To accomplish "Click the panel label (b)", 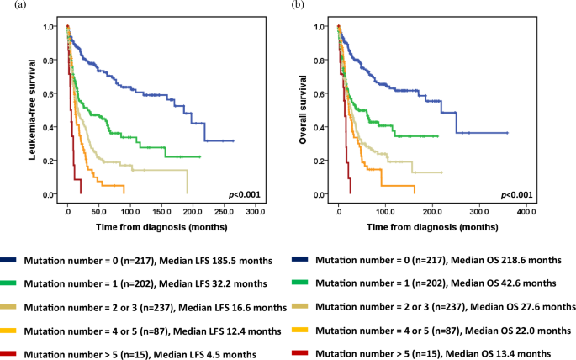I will [299, 6].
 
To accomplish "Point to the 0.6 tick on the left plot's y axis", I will [51, 93].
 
